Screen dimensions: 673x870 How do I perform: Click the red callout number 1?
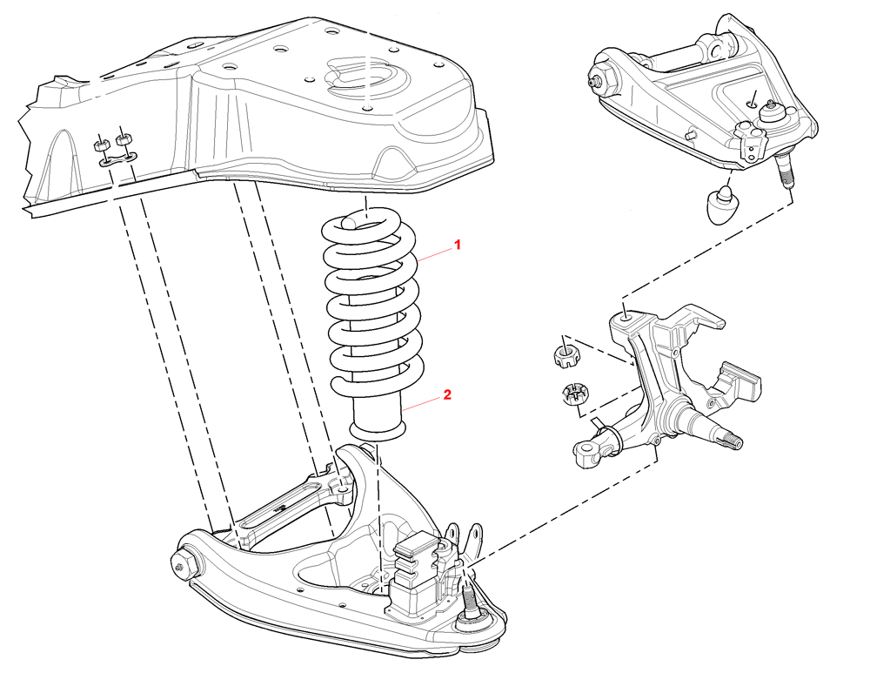[457, 246]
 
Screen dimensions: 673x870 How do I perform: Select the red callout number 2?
[446, 394]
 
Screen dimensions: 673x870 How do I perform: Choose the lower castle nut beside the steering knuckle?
[573, 394]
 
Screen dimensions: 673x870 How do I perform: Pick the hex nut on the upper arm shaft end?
[600, 79]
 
